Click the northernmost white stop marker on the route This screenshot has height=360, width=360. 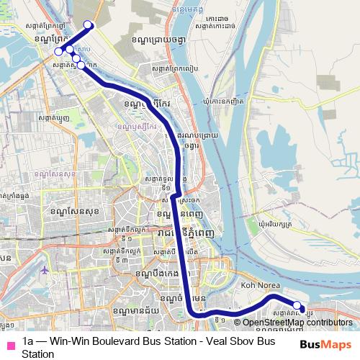89,25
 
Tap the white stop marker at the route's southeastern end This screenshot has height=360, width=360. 297,305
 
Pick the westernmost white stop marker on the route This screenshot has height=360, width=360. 58,52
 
